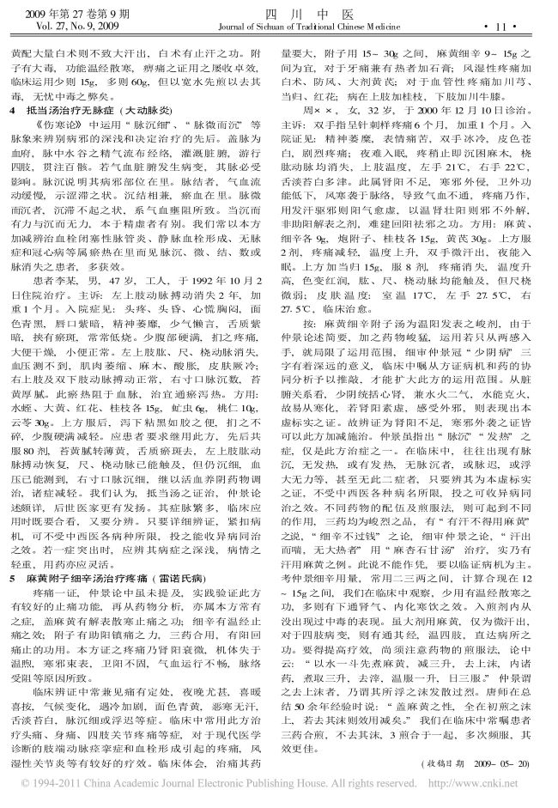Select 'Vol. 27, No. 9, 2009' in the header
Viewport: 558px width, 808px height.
pyautogui.click(x=68, y=27)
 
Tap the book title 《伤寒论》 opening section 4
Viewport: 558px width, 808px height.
pyautogui.click(x=54, y=125)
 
